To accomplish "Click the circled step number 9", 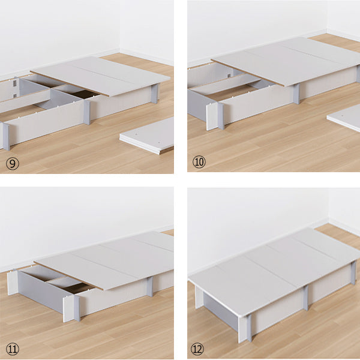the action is (x=13, y=164).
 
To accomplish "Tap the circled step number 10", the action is (x=199, y=162).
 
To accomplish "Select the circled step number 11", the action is (x=13, y=349).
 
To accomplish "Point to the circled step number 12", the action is (x=197, y=349).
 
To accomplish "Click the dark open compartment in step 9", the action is (x=83, y=94).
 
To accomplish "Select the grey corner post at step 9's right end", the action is (x=155, y=94).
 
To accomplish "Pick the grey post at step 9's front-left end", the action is (x=6, y=137).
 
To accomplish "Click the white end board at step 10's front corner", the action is (x=212, y=116).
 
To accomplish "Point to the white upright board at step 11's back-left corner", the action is (x=13, y=283).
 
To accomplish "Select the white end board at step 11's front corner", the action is (x=68, y=309).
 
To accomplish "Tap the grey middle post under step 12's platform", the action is (x=305, y=298).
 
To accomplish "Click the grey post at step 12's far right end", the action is (x=353, y=273).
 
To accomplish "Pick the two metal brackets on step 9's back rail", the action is (x=15, y=88).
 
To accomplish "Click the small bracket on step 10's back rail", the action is (x=229, y=76).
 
